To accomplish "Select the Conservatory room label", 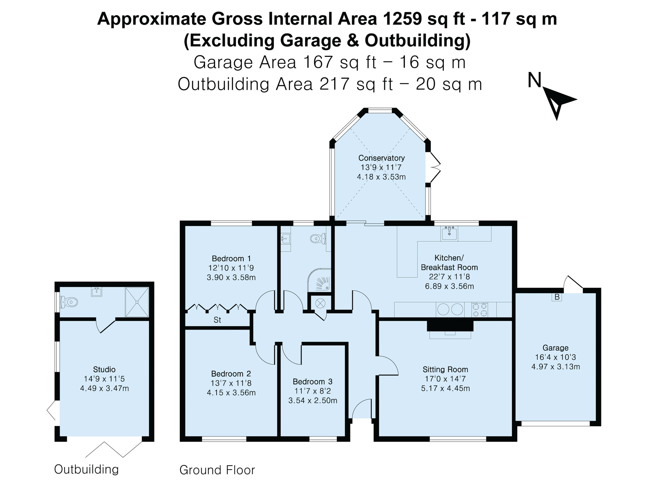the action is point(381,158).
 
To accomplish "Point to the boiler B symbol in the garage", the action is point(557,297).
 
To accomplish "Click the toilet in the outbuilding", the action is point(69,302).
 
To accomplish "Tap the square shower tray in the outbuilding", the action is point(137,302).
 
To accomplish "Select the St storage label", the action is point(217,320).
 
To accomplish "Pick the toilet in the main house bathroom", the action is point(318,238).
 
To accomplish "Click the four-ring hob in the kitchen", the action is point(480,309).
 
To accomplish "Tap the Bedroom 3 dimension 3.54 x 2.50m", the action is point(313,401).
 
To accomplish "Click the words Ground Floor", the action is point(217,470).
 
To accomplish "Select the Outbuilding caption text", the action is point(86,469).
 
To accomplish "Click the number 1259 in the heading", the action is point(402,19).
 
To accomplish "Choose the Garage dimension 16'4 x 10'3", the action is point(555,357).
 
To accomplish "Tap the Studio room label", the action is point(104,369).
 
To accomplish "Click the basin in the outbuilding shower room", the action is point(97,292).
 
